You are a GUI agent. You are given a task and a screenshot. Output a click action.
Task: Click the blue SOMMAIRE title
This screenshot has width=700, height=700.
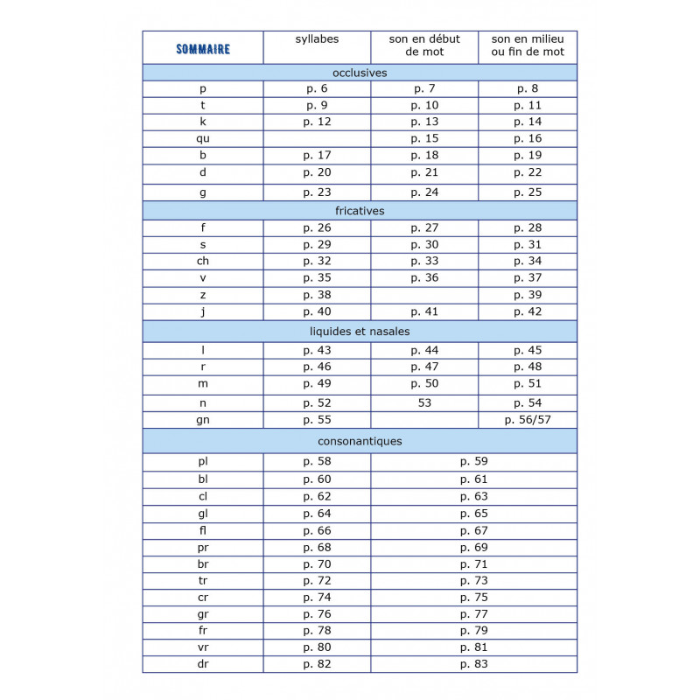point(203,49)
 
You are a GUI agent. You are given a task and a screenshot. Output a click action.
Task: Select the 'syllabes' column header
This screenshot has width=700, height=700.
point(317,39)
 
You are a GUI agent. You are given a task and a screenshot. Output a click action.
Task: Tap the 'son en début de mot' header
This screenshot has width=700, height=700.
point(424,45)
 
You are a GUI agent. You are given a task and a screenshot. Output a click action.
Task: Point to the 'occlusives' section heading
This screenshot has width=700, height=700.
point(360,73)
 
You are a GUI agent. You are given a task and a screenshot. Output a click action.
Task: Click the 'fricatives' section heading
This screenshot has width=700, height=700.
point(360,211)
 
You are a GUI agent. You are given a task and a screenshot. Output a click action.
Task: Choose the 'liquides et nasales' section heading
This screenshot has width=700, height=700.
point(360,332)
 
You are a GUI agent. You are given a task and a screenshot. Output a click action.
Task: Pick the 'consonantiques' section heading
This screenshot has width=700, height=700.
point(360,441)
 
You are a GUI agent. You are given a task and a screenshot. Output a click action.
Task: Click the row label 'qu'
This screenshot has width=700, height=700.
point(203,138)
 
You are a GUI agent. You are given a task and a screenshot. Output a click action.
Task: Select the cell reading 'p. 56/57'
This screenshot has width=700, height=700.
point(528,420)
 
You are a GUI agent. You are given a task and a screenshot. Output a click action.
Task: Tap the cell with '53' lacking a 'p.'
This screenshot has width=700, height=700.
point(424,402)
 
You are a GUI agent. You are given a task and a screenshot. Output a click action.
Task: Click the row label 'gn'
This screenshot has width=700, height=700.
point(203,420)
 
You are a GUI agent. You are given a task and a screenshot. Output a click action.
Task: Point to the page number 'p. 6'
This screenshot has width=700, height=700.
point(317,88)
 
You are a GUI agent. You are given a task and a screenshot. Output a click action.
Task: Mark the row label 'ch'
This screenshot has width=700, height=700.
point(203,261)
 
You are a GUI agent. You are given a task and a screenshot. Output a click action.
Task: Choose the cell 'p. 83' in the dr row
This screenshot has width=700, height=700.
point(473,664)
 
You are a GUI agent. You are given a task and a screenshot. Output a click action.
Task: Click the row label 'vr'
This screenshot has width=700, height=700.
point(203,647)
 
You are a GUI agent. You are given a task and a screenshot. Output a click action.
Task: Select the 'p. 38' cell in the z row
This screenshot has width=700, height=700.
point(317,295)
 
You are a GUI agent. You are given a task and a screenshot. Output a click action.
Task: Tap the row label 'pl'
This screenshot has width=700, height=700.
point(203,461)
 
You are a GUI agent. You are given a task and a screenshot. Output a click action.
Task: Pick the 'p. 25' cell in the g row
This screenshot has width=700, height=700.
point(528,192)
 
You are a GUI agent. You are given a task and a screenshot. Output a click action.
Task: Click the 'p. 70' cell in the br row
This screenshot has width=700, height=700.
point(317,564)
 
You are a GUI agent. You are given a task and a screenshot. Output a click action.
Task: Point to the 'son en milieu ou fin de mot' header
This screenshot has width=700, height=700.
point(528,45)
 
